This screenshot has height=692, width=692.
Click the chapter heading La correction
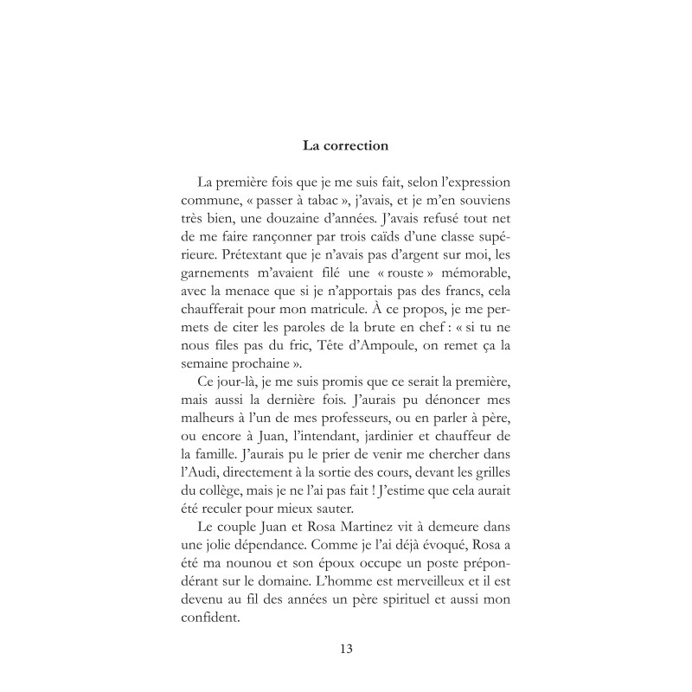pyautogui.click(x=345, y=145)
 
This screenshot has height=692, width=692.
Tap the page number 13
pyautogui.click(x=345, y=648)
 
